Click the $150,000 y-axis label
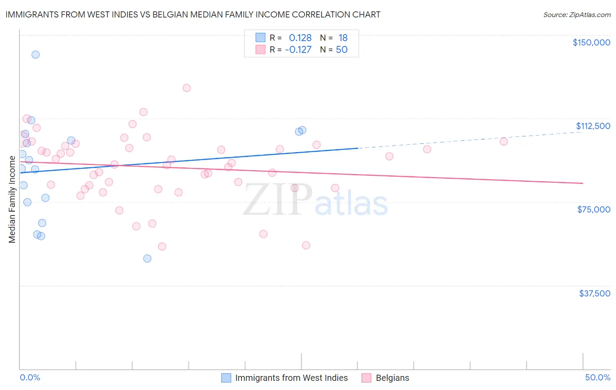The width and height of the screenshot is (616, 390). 591,42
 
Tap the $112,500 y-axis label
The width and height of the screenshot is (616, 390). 592,126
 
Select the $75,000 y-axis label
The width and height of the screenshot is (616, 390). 593,209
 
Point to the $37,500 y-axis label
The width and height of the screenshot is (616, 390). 594,293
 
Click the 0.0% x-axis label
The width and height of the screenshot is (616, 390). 30,378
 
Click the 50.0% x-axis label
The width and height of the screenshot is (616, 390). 597,378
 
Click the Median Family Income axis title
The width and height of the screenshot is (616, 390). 12,199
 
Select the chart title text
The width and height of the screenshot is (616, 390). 193,14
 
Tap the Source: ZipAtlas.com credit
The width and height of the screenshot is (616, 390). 577,15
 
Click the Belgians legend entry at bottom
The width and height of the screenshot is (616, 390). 392,378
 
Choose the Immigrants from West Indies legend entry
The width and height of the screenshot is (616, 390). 291,378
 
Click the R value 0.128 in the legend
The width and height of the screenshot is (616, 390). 300,38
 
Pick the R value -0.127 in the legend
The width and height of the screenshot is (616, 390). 298,50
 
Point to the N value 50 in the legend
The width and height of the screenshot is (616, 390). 342,50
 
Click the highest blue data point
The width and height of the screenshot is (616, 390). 35,55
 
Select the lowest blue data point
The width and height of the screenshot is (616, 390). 147,258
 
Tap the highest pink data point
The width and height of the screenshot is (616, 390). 187,88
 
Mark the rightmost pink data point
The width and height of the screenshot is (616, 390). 504,141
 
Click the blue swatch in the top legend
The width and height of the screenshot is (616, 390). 261,38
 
